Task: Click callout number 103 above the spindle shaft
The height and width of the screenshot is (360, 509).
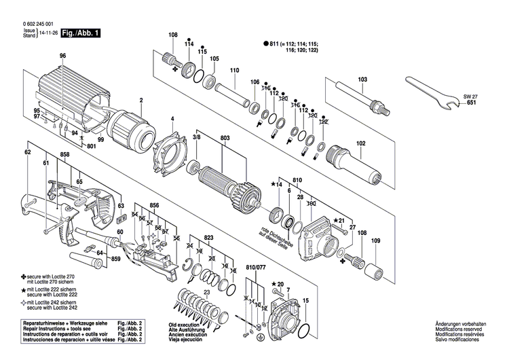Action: pyautogui.click(x=362, y=79)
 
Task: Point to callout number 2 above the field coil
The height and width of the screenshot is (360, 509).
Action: pyautogui.click(x=140, y=101)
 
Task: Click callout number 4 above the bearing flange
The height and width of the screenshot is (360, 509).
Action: pyautogui.click(x=172, y=120)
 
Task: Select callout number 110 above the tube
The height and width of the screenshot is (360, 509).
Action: pyautogui.click(x=235, y=71)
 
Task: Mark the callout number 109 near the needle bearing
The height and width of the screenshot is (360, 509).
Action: pyautogui.click(x=377, y=241)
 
